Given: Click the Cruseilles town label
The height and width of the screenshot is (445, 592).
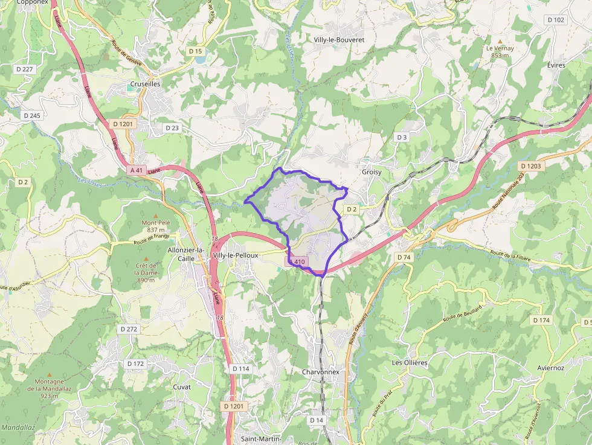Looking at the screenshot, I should (x=145, y=85).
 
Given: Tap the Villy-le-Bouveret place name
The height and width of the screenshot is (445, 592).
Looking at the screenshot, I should (x=339, y=39).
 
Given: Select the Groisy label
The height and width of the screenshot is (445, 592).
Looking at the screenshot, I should (x=372, y=172).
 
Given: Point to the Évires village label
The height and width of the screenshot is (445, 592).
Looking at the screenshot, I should (x=556, y=65).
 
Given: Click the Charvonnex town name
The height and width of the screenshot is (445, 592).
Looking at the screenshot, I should (x=320, y=373).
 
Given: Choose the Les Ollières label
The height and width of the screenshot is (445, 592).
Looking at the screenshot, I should (x=410, y=363).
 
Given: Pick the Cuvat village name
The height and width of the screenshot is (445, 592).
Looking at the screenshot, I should (x=182, y=387).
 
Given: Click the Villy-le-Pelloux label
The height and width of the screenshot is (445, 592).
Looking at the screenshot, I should (x=236, y=255).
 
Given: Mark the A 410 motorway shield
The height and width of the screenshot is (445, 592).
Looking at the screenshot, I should (x=297, y=261).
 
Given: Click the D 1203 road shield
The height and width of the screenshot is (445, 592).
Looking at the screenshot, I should (x=530, y=166).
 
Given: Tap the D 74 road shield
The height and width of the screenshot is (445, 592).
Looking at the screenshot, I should (x=404, y=257).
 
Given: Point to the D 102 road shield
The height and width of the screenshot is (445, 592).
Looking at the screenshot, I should (x=556, y=20).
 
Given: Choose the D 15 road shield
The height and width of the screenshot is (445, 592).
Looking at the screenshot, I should (x=195, y=51).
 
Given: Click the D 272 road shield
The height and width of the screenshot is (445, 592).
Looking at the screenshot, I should (x=129, y=329).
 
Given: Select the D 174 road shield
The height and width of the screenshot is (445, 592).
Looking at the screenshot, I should (x=541, y=320).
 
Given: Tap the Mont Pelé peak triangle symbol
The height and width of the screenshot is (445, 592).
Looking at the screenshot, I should (x=156, y=216).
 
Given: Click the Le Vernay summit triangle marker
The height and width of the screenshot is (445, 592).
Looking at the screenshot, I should (x=500, y=40).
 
